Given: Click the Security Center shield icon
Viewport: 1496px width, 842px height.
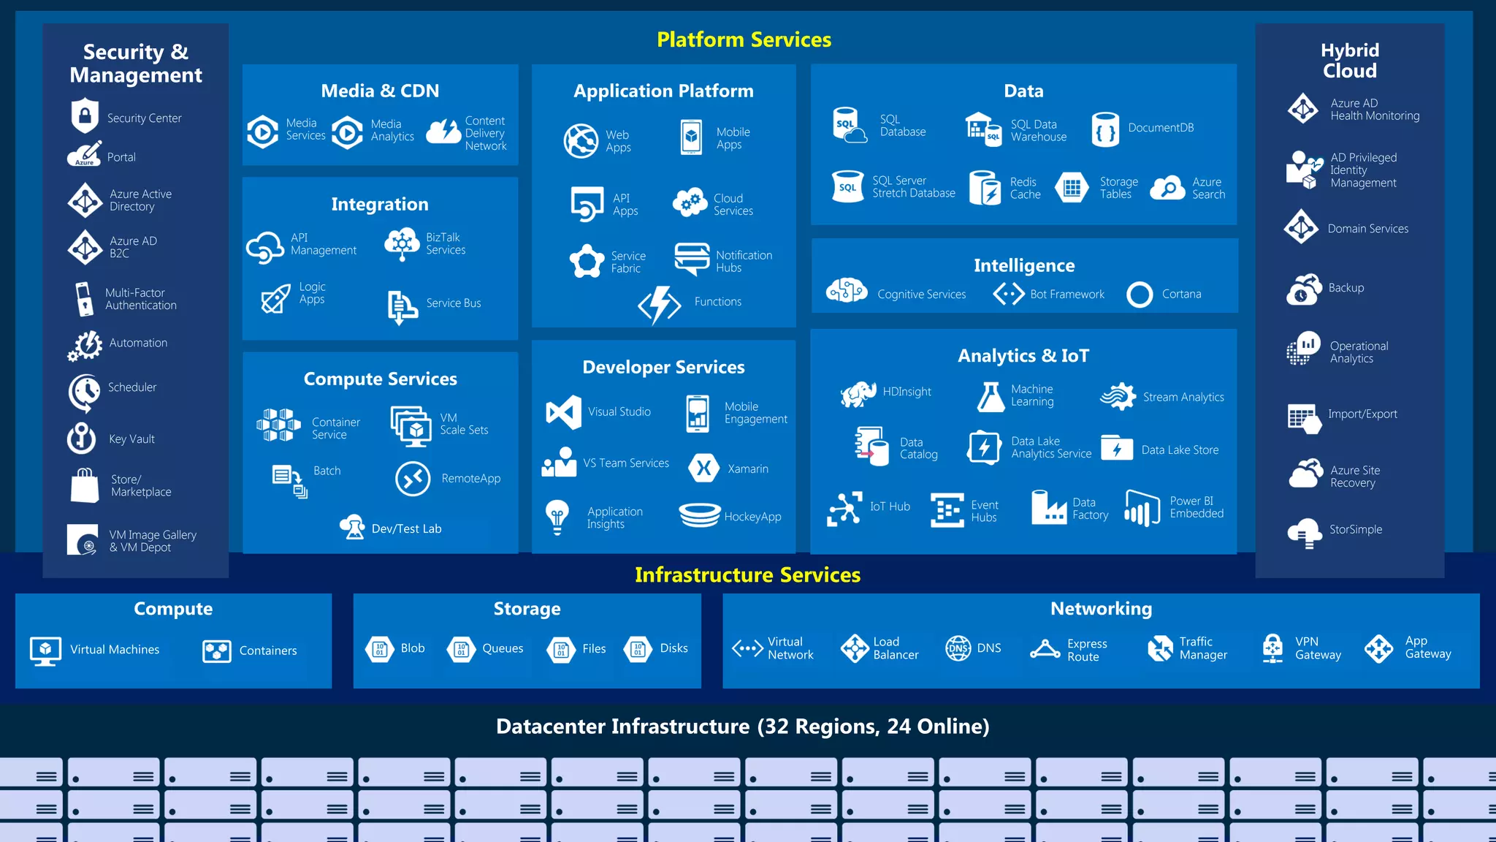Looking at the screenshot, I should tap(85, 115).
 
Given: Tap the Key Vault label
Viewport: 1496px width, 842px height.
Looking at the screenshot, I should tap(131, 439).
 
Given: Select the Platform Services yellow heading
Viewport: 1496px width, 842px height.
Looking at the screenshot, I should tap(744, 39).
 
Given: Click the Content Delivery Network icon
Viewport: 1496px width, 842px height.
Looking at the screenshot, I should tap(443, 132).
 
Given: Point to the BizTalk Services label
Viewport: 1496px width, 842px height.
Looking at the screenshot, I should tap(446, 243).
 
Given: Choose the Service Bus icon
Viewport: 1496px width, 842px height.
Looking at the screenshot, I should tap(402, 306).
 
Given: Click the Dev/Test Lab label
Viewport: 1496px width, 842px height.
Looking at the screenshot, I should tap(406, 528).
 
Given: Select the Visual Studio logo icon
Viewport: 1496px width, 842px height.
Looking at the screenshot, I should tap(564, 412).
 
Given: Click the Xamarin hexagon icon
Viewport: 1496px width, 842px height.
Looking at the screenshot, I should tap(704, 469).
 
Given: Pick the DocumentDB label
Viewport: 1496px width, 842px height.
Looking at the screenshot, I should tap(1161, 128).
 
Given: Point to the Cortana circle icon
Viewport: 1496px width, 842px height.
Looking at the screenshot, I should tap(1140, 295).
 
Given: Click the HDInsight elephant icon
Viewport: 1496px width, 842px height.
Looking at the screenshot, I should tap(858, 393).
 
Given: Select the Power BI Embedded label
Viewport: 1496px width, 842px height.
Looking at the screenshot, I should tap(1197, 507).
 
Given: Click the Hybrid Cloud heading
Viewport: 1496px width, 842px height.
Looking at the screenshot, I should tap(1349, 61).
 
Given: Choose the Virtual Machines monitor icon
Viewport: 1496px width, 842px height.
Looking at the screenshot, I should tap(45, 650).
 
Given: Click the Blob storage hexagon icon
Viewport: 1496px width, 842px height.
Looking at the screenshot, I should tap(380, 648).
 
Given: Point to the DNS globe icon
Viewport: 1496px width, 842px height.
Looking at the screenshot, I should tap(958, 648).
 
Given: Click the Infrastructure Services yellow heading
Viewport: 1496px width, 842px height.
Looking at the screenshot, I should tap(747, 575).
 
